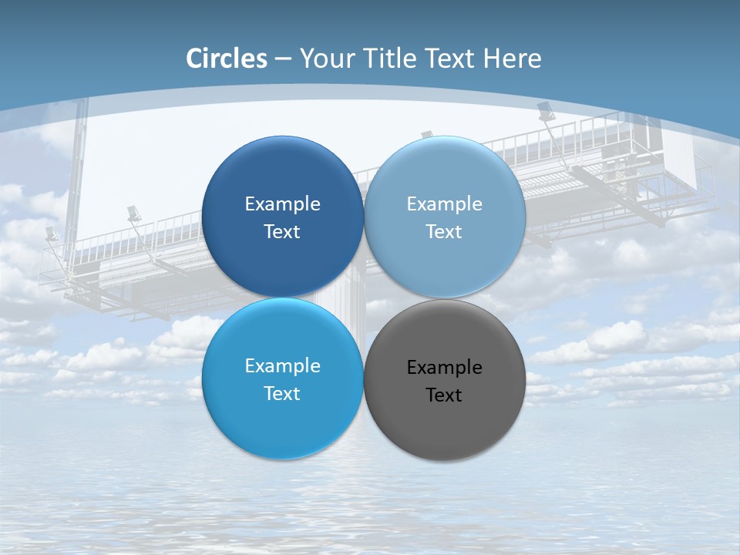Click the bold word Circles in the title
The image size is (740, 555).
[227, 59]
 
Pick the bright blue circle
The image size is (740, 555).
[282, 424]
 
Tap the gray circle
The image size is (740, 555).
[445, 424]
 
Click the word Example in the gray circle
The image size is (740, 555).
[445, 368]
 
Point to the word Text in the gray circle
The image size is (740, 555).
[444, 395]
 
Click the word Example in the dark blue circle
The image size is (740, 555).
[282, 204]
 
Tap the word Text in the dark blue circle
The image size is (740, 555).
[282, 232]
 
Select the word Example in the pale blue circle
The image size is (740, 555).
[445, 204]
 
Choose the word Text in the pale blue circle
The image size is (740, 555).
[444, 232]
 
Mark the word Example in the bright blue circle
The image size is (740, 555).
[282, 366]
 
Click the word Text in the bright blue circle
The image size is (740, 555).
[282, 394]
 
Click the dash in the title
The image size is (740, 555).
[283, 59]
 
